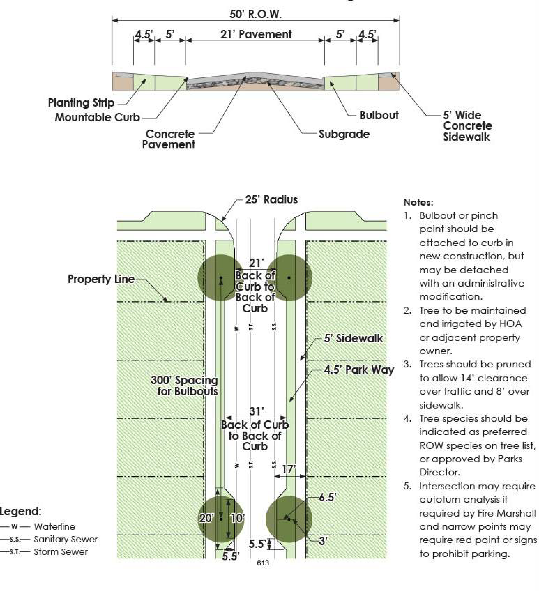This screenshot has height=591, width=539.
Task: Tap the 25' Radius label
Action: (271, 200)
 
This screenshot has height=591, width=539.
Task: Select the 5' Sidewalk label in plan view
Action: (353, 339)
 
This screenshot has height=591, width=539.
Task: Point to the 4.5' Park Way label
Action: (359, 370)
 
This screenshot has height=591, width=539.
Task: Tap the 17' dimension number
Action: (288, 469)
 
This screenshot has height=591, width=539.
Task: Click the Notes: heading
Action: (418, 202)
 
